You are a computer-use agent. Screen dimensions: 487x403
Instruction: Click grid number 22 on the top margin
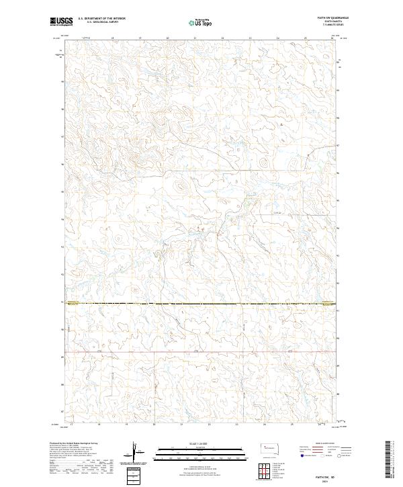click(222, 39)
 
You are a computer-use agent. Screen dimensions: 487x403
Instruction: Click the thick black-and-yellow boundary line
click(201, 304)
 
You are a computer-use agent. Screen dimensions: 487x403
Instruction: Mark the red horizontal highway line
click(201, 351)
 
